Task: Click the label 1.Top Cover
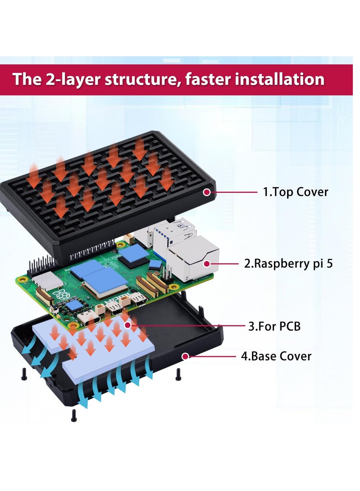tap(295, 192)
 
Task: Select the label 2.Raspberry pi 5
tap(288, 263)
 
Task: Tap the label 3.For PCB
tap(274, 326)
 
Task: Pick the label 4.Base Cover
tap(276, 356)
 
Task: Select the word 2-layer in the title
tap(72, 79)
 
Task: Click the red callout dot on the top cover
tap(207, 192)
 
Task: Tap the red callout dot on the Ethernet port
tap(207, 264)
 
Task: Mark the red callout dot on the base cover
tap(185, 356)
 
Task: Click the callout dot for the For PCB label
tap(128, 325)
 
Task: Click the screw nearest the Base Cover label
tap(178, 373)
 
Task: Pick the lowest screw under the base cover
tap(74, 416)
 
